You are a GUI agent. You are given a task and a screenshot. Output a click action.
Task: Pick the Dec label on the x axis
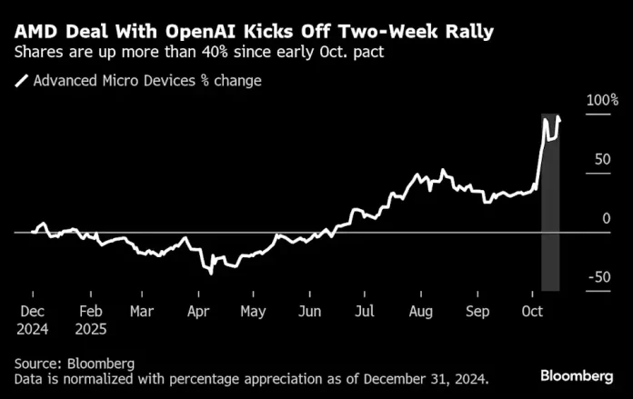[32, 310]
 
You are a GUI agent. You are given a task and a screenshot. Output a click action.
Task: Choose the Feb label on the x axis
[89, 310]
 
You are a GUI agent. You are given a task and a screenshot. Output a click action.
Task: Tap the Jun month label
[310, 310]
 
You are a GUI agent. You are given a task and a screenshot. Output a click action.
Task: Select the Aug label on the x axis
[422, 310]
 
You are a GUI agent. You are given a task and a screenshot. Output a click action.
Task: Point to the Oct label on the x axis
[533, 310]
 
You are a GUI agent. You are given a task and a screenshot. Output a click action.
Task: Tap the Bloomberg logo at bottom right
[576, 375]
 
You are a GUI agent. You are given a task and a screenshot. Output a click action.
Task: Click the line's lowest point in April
[211, 273]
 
